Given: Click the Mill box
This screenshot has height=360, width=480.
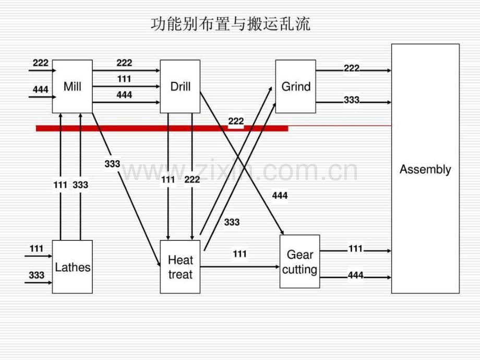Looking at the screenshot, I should [x=72, y=87].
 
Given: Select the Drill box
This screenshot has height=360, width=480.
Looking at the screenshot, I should [x=180, y=87].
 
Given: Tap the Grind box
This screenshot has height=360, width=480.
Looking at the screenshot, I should [x=295, y=87].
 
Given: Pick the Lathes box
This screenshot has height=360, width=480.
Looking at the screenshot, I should [x=72, y=267].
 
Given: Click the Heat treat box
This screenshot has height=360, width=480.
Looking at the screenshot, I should [x=180, y=267].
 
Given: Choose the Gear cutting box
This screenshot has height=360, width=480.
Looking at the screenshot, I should [x=299, y=262].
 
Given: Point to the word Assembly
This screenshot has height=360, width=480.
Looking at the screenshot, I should [x=425, y=170].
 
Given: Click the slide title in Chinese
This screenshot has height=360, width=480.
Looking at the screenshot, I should [x=230, y=24].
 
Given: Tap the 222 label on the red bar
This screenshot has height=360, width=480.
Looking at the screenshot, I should [x=236, y=122].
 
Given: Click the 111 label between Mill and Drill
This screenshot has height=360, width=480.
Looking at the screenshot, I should [x=124, y=79].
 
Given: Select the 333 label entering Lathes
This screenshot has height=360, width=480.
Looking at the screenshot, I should [x=37, y=275].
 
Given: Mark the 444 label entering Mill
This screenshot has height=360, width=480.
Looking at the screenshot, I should [x=40, y=90].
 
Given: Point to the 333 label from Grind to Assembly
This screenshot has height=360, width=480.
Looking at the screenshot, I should [x=352, y=100].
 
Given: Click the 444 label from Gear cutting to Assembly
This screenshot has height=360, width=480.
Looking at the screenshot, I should [x=355, y=275].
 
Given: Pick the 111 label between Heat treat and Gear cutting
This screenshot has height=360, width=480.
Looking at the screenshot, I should [x=239, y=254].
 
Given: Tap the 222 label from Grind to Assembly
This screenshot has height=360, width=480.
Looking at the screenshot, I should [x=352, y=68].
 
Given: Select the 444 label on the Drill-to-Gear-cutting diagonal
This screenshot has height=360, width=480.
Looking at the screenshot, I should [x=280, y=196].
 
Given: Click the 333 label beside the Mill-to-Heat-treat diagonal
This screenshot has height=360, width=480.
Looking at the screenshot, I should [x=112, y=164].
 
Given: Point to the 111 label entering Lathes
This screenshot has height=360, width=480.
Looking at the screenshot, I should [x=37, y=249].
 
